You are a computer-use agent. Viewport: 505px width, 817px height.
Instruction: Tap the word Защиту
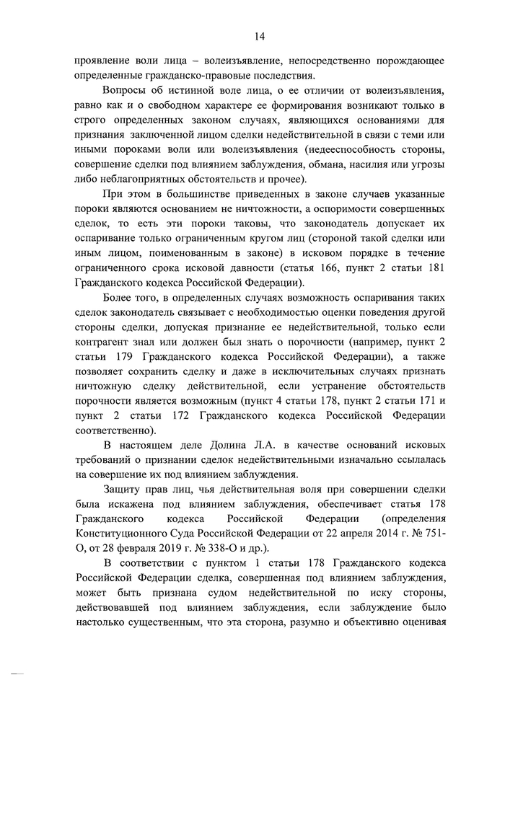tap(126, 489)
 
